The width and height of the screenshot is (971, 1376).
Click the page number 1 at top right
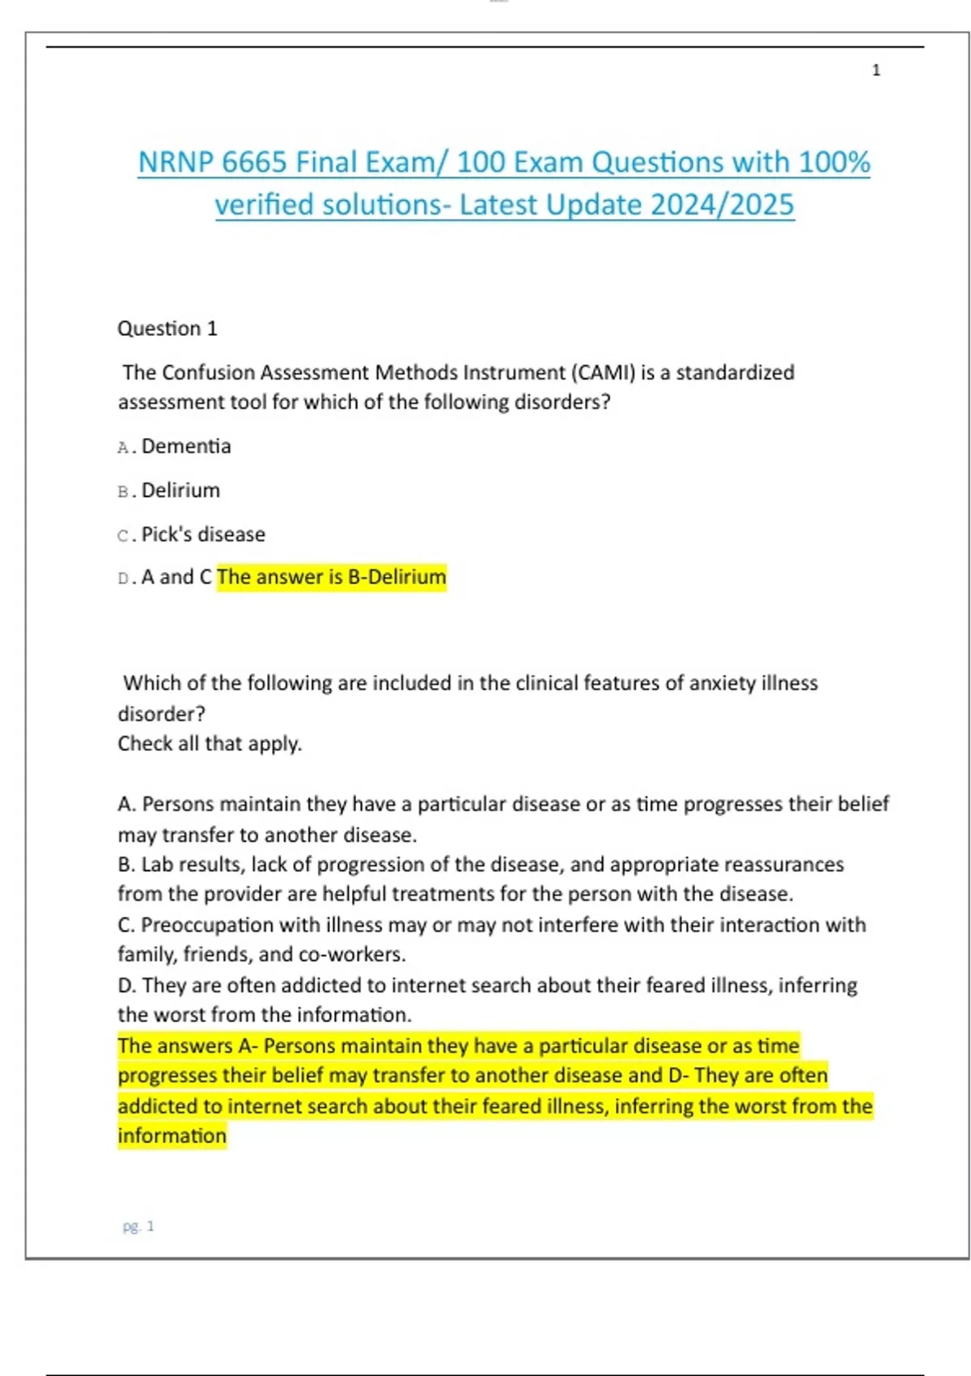tap(876, 70)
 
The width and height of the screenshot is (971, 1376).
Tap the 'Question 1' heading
tap(167, 329)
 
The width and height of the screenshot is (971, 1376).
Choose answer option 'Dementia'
tap(186, 447)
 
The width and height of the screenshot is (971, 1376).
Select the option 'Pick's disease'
tap(203, 534)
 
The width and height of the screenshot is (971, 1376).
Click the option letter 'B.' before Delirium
tap(126, 491)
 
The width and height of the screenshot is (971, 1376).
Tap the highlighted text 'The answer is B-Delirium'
tap(332, 577)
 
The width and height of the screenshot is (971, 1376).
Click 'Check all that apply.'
tap(210, 744)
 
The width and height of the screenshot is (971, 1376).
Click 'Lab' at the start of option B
tap(157, 864)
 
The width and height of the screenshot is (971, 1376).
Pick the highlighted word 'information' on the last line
tap(172, 1136)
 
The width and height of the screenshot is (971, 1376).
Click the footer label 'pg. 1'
tap(138, 1226)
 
